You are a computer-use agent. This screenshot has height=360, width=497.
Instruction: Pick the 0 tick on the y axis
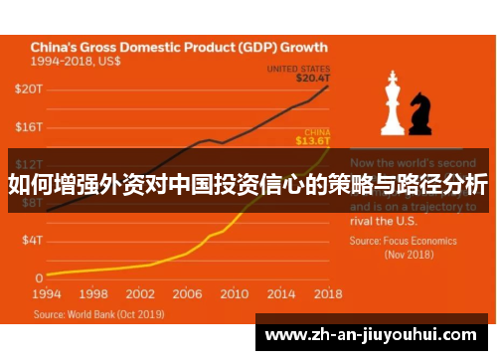click(x=39, y=277)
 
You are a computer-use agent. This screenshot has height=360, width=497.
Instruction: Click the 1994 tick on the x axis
click(x=47, y=294)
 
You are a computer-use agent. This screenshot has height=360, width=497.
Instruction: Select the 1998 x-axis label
click(x=93, y=294)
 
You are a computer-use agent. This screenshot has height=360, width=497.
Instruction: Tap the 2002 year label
click(x=140, y=294)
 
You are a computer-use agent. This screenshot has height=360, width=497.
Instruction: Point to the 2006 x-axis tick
click(x=187, y=294)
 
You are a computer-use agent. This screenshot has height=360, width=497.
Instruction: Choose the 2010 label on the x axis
click(x=234, y=294)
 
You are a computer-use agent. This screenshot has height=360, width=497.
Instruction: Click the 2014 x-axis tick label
click(x=280, y=294)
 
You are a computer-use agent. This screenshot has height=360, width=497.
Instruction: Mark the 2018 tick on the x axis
click(x=327, y=294)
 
